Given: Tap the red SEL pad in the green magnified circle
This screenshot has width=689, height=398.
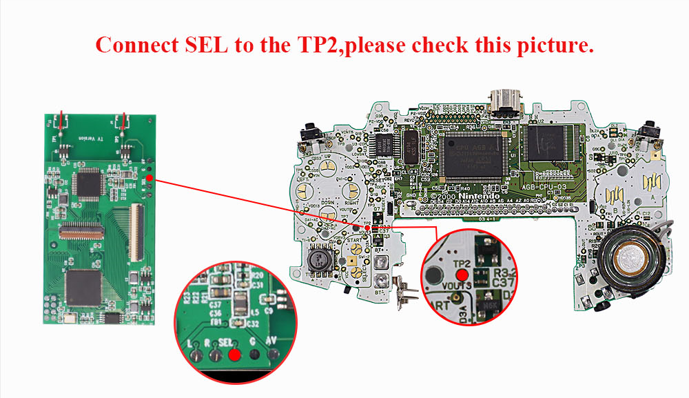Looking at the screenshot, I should click(x=234, y=355).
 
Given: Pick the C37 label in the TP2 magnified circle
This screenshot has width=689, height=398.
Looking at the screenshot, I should click(x=502, y=282).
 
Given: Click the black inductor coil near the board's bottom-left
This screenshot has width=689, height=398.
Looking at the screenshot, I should click(x=319, y=259).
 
